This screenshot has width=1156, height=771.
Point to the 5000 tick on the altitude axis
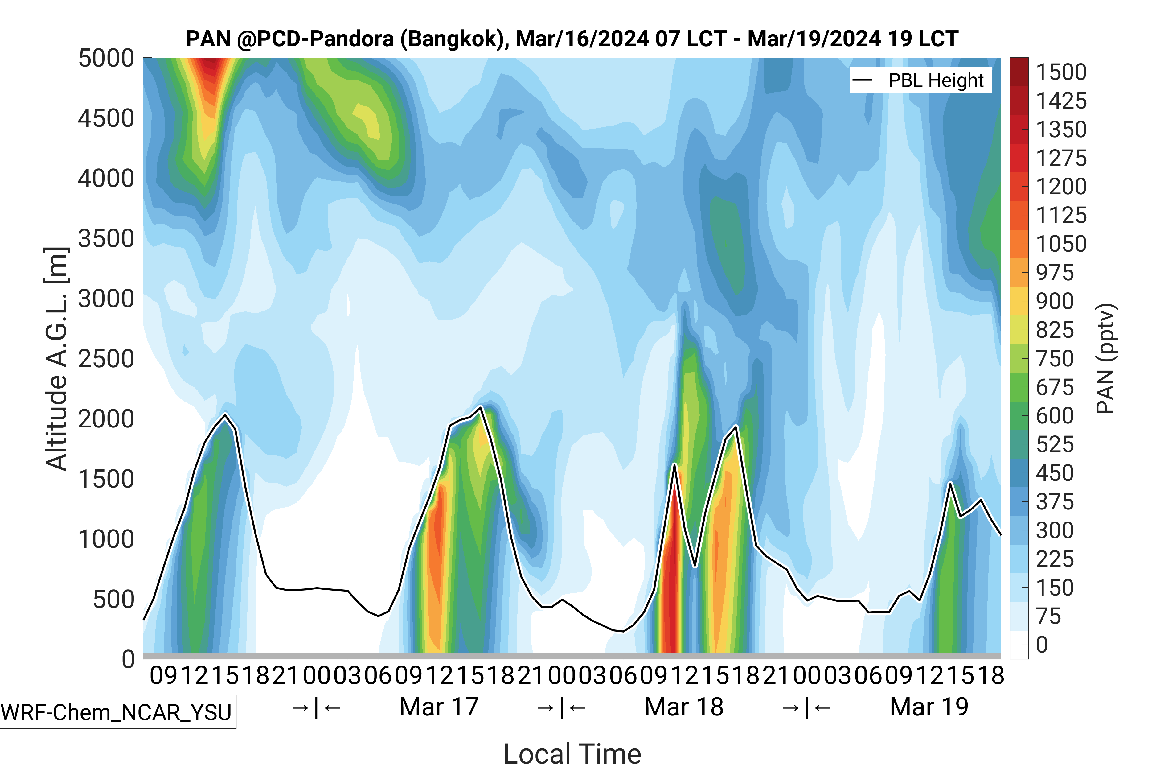click(106, 59)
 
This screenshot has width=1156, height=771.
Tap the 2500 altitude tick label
click(106, 359)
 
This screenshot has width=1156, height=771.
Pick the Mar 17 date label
click(439, 707)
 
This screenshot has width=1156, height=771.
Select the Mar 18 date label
click(684, 707)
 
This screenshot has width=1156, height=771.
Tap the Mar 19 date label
click(929, 707)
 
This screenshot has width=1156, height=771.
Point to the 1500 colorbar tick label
click(1061, 72)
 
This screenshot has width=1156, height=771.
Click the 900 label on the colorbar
click(1054, 301)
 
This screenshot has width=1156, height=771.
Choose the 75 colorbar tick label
click(1048, 616)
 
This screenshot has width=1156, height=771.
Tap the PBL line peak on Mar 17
click(481, 407)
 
